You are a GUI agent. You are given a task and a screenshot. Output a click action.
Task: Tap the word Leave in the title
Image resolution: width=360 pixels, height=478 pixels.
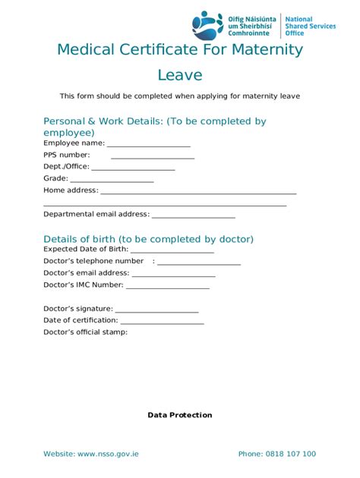(180, 74)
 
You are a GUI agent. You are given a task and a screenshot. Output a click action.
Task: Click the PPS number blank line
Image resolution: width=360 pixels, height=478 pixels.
(152, 156)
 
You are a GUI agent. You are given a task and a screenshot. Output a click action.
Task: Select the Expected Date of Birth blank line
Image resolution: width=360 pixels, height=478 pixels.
(172, 250)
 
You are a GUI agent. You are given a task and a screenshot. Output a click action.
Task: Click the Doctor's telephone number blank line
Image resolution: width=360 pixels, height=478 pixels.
(198, 263)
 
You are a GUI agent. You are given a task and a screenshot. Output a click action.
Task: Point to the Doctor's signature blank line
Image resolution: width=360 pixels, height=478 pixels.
(156, 310)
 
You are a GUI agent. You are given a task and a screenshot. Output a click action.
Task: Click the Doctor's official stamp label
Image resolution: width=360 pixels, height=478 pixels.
(85, 332)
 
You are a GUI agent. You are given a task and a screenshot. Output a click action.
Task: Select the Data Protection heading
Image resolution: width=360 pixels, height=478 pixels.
(180, 415)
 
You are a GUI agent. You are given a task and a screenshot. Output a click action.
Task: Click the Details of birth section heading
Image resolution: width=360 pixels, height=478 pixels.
(148, 239)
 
